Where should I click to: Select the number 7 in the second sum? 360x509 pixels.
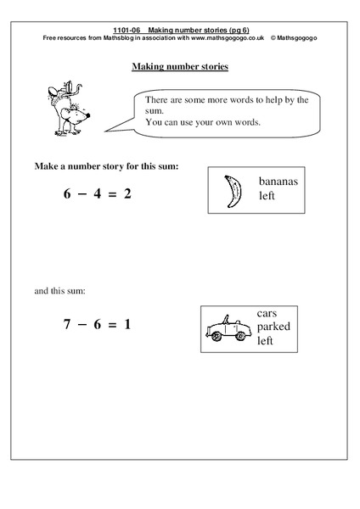68,324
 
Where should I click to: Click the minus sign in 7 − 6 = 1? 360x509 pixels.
86,324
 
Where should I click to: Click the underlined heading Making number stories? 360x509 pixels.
179,66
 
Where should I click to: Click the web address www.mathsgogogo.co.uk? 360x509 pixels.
225,37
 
